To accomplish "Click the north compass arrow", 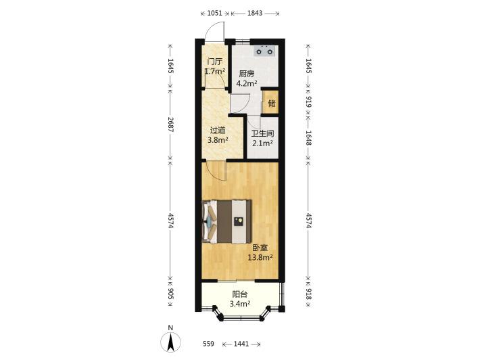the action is [x=170, y=342].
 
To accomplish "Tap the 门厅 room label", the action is [x=214, y=62].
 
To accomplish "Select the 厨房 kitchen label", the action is [x=247, y=74].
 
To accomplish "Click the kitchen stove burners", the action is [x=264, y=51].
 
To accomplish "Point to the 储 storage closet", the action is [x=271, y=102].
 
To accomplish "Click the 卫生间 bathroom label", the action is [x=262, y=133].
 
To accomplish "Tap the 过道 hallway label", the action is [x=217, y=131].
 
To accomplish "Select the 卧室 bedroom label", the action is [x=260, y=248].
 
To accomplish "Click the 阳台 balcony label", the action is [x=240, y=294].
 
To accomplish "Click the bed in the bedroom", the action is [x=227, y=221].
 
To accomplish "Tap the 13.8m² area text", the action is [x=260, y=257].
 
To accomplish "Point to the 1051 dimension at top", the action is [x=214, y=13].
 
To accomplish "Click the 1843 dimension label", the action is [x=255, y=13].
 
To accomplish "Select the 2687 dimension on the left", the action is [x=170, y=125].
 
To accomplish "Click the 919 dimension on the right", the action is [x=308, y=102].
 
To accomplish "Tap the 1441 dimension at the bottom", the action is [x=241, y=344].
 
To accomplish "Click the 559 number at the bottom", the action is [x=208, y=344].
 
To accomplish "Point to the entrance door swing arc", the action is [x=214, y=30].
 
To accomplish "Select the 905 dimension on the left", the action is [x=170, y=294].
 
